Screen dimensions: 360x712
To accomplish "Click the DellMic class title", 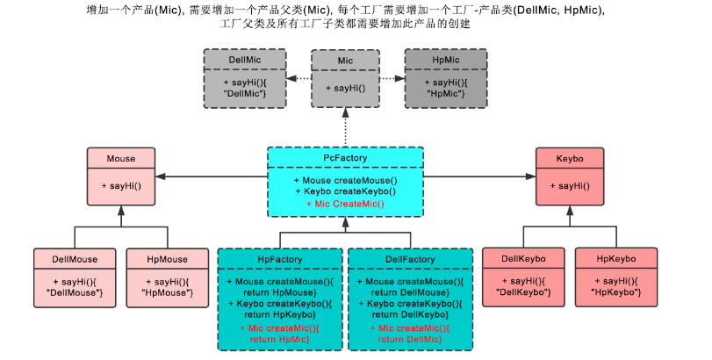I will (x=246, y=60).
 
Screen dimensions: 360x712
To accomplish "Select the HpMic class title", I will (x=447, y=60).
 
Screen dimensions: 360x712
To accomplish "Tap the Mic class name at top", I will (x=346, y=61).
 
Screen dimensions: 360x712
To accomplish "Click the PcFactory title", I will (x=345, y=158).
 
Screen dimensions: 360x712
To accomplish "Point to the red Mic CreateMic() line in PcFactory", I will (x=345, y=203).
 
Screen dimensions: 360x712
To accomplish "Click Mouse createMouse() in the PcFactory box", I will (x=345, y=180).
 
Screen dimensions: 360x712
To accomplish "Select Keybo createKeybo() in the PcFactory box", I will (x=345, y=191).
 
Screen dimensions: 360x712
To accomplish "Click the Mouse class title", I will (x=121, y=159).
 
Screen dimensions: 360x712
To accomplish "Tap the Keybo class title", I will (x=570, y=159).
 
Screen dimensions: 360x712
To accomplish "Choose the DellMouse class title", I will (x=74, y=259).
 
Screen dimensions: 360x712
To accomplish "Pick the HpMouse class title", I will (x=167, y=259).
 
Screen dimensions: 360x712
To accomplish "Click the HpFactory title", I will (x=280, y=259).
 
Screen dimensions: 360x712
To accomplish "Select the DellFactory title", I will (x=410, y=259).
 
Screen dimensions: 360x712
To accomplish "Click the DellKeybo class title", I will (x=524, y=259).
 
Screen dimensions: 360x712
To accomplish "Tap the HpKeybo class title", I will (x=615, y=259).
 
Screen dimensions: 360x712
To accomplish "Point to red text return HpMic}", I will (x=280, y=338).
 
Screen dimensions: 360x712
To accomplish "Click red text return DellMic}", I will (x=410, y=338).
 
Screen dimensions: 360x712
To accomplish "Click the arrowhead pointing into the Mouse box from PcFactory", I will (x=161, y=177).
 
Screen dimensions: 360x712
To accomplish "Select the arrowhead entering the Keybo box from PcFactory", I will (x=530, y=177).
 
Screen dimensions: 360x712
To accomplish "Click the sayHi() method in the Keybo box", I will (x=570, y=186).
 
